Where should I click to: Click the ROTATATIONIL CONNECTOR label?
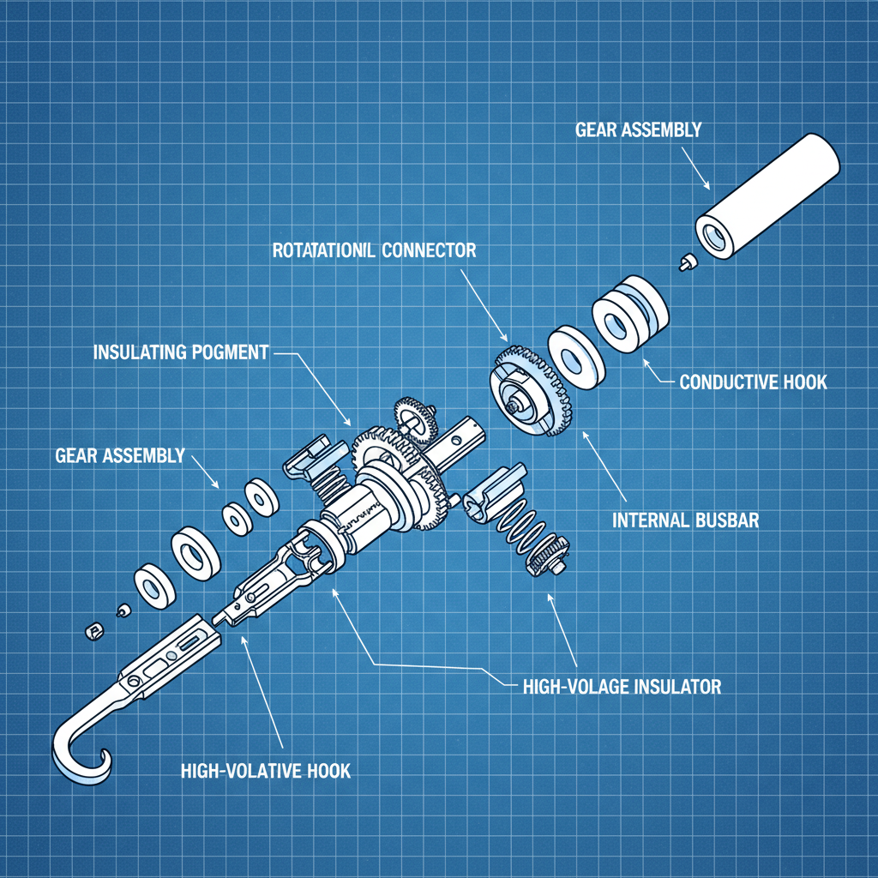[x=373, y=250]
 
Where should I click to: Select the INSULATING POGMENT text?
[x=179, y=352]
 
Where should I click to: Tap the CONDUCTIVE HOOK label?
[x=753, y=382]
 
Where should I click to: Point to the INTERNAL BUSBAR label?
[x=685, y=520]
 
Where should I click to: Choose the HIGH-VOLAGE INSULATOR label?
[x=621, y=686]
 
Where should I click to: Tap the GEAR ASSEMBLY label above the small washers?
[x=119, y=455]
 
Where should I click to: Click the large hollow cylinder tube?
[x=768, y=196]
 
